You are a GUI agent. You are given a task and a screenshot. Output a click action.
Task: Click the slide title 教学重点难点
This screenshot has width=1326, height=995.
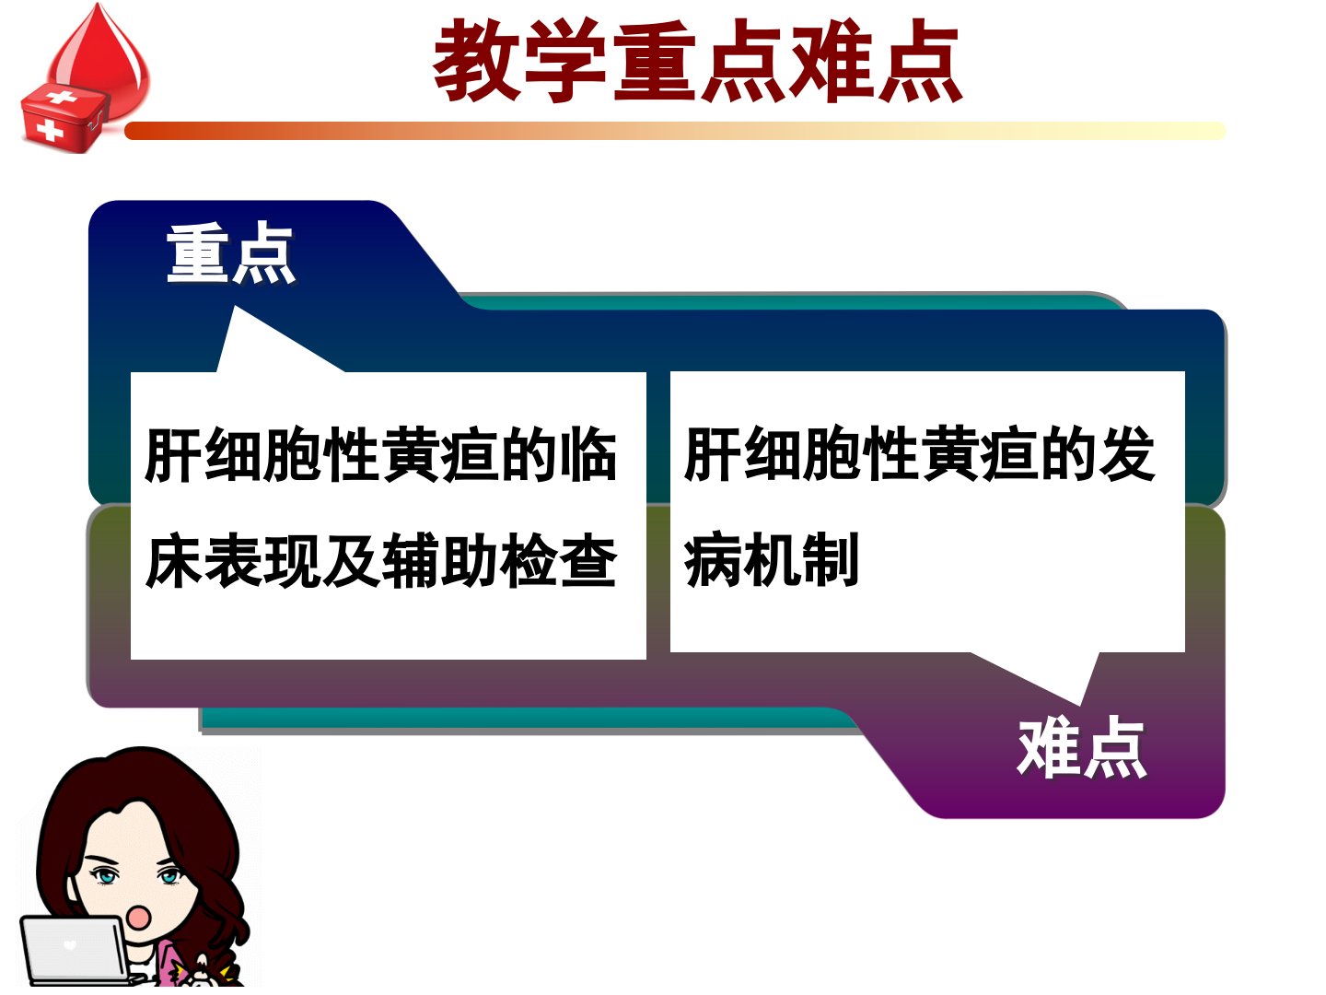(697, 60)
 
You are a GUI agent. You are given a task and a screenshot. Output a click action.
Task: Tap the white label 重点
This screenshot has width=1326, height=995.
(231, 252)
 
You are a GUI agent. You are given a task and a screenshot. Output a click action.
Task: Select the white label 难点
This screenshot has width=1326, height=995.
(1081, 747)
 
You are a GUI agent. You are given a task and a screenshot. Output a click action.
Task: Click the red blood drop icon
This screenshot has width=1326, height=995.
(99, 54)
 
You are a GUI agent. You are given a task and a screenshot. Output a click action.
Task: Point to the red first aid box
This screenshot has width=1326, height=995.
(64, 119)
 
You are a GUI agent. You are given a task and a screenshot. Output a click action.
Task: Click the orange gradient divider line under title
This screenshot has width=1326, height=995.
(675, 131)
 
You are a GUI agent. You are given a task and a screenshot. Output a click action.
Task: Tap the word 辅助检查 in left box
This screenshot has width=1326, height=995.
(500, 560)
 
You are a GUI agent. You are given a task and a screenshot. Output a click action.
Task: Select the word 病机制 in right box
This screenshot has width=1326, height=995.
(772, 559)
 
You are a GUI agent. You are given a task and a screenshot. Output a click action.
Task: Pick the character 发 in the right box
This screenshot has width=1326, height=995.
(1127, 453)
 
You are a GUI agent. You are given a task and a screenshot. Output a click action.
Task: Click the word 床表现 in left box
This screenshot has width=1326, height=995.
(233, 560)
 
